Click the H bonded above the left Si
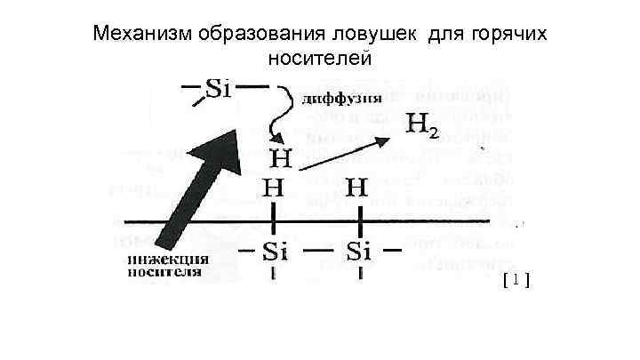click(273, 189)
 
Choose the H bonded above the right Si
click(357, 189)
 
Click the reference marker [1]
click(515, 281)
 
